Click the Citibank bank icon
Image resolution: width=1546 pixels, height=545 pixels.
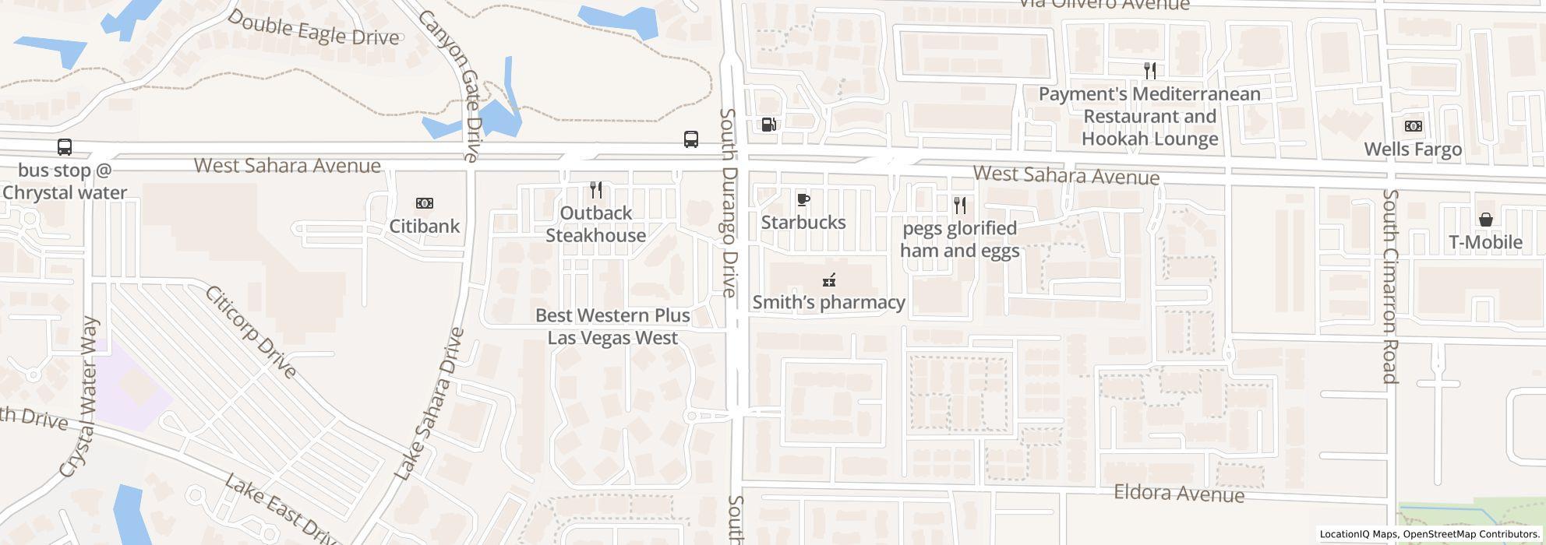(x=425, y=203)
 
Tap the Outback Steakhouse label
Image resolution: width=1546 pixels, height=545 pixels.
(x=596, y=224)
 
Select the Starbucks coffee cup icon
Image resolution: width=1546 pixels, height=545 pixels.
(x=803, y=200)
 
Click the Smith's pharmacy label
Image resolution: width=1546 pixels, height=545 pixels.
(x=828, y=302)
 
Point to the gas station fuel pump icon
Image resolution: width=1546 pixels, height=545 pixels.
(x=768, y=124)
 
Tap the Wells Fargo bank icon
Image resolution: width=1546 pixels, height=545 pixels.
(x=1413, y=126)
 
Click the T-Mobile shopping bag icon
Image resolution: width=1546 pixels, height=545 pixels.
(x=1485, y=220)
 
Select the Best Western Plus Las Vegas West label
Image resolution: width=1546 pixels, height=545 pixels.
(x=612, y=326)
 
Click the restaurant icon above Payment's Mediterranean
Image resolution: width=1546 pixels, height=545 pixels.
(x=1149, y=71)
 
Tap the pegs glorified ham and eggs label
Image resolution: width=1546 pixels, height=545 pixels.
(x=959, y=239)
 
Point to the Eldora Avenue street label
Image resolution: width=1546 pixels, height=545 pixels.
(x=1179, y=494)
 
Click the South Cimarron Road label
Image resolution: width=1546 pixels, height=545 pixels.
(x=1391, y=287)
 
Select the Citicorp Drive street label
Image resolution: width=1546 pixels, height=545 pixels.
(x=251, y=332)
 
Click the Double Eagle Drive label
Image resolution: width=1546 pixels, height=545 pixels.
(x=313, y=29)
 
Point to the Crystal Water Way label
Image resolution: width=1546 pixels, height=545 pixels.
(x=80, y=397)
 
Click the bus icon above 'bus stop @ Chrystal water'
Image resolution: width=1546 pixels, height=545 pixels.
(x=65, y=147)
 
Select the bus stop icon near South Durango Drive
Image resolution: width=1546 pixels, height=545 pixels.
(x=690, y=139)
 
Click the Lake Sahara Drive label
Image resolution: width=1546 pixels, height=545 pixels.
(x=429, y=403)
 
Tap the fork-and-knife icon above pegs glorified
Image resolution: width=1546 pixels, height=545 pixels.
(x=960, y=206)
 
